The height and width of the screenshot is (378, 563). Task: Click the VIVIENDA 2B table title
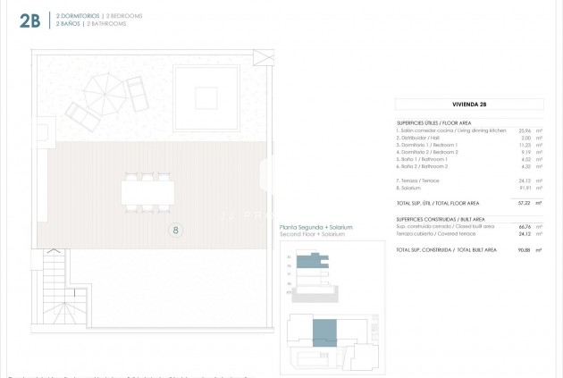(469, 105)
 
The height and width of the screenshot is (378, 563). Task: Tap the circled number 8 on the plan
(176, 230)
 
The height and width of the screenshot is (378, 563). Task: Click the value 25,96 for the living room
(521, 130)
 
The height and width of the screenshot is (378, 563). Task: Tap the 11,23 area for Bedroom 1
(521, 145)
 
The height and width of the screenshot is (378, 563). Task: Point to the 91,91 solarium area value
(521, 188)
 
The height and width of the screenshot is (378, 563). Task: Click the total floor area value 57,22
(520, 203)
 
